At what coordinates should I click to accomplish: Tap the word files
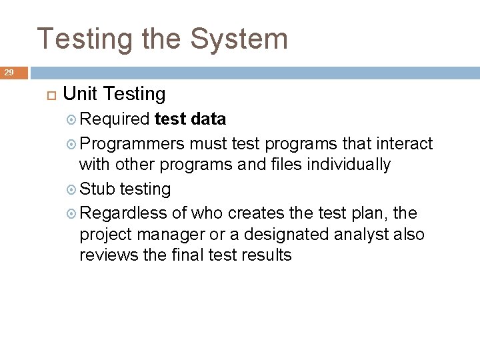coord(287,165)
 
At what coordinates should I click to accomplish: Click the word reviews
coord(106,255)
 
